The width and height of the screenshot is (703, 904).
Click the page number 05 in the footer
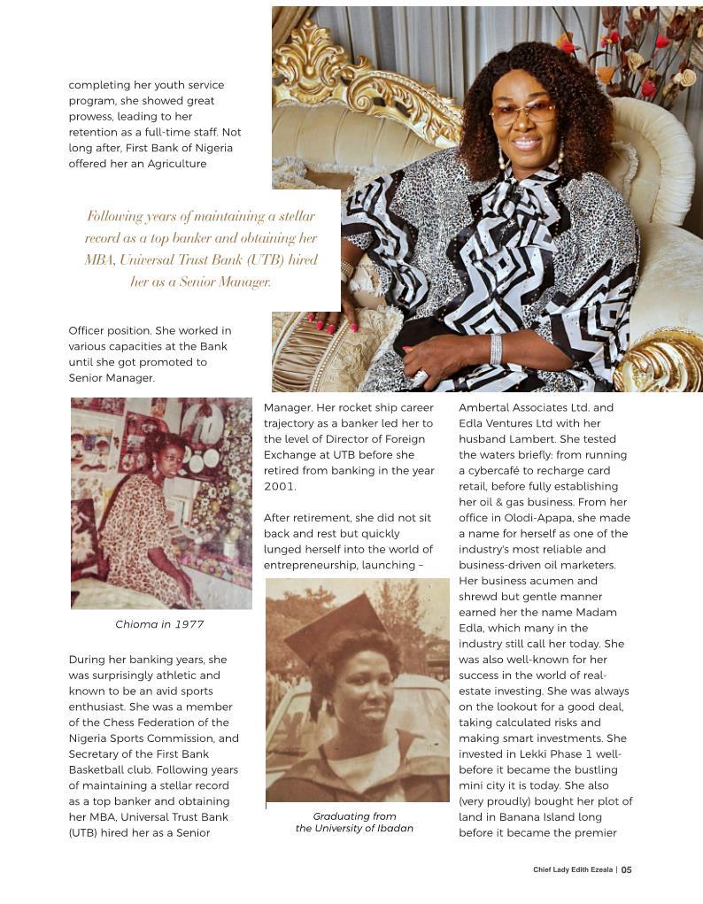click(626, 869)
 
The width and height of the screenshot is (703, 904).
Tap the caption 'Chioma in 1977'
click(159, 624)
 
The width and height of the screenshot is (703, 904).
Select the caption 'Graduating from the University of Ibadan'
click(354, 823)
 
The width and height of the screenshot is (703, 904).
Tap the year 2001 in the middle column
click(279, 486)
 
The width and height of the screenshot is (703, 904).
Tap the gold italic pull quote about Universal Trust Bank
click(201, 249)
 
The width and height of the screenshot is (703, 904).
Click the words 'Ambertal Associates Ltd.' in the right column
click(529, 408)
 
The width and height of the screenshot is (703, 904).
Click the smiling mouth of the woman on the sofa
click(526, 141)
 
